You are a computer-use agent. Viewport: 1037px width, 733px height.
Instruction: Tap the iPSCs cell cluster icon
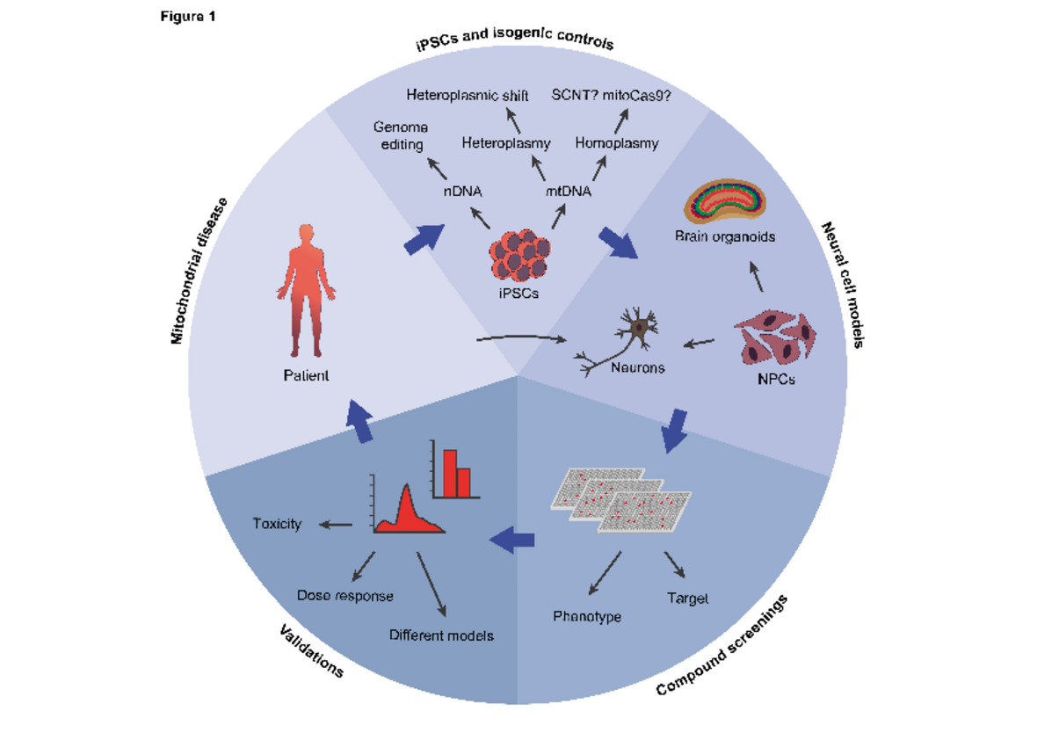coord(525,255)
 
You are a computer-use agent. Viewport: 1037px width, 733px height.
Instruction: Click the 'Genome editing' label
coord(400,135)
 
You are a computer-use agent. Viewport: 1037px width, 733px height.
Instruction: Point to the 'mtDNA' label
coord(568,190)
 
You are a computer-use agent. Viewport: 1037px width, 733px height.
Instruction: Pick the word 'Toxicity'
coord(277,524)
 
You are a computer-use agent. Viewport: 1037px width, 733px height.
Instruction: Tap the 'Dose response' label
coord(344,595)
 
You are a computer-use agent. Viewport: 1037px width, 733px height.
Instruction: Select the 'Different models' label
coord(441,635)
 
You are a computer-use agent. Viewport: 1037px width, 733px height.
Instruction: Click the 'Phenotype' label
coord(587,616)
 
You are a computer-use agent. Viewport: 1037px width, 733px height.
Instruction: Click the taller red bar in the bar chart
coord(449,473)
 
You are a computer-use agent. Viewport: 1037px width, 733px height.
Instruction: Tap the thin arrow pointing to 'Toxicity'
coord(335,526)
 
